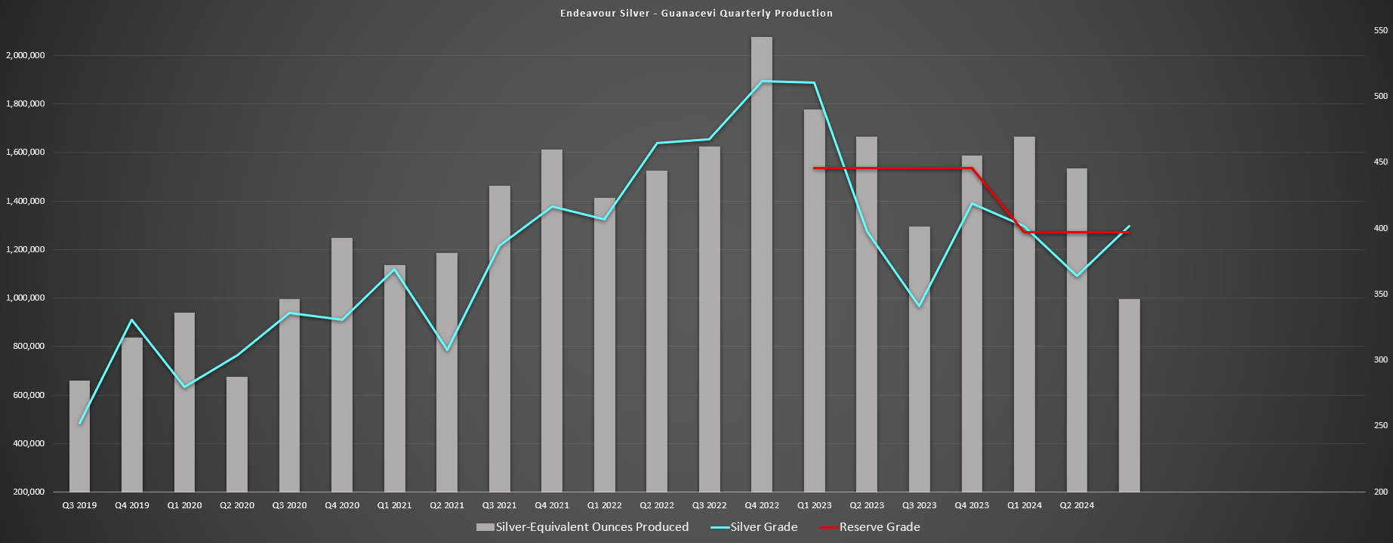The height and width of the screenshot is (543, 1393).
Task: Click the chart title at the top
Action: click(696, 13)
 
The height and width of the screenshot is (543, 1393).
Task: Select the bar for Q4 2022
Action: click(762, 264)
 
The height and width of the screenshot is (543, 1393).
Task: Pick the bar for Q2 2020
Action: click(237, 434)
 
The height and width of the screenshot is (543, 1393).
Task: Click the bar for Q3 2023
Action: click(919, 359)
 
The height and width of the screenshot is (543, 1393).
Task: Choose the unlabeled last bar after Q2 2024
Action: click(1129, 396)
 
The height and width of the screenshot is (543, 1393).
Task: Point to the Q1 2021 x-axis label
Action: click(395, 505)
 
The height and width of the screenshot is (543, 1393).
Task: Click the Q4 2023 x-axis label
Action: click(972, 505)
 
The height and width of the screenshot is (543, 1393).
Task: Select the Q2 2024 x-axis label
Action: click(1077, 505)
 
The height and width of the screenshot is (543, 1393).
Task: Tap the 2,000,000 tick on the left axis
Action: click(26, 55)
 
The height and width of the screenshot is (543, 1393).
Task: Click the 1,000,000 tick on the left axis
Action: click(26, 298)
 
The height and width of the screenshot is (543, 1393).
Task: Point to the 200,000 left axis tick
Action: click(29, 492)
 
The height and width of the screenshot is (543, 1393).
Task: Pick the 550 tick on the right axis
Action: click(1381, 30)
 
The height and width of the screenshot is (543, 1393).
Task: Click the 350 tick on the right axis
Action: click(1381, 294)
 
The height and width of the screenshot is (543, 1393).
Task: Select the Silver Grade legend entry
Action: click(763, 527)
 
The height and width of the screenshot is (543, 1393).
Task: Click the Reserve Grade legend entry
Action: click(879, 527)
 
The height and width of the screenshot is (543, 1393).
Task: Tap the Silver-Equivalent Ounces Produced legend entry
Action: click(591, 527)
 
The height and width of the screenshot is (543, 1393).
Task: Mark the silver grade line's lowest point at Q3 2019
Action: click(79, 424)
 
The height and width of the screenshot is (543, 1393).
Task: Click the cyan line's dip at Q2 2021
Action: click(447, 350)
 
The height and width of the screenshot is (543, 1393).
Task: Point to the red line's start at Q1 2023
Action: click(814, 168)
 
